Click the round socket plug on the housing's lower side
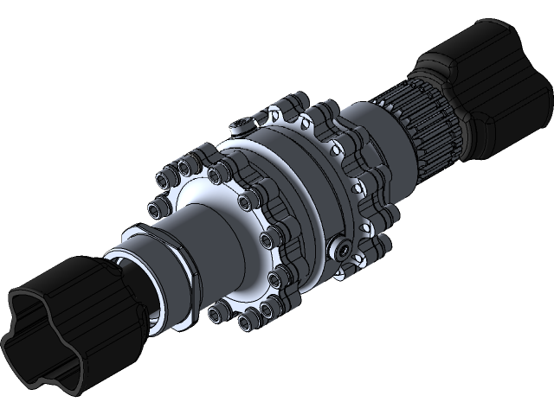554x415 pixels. click(345, 249)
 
